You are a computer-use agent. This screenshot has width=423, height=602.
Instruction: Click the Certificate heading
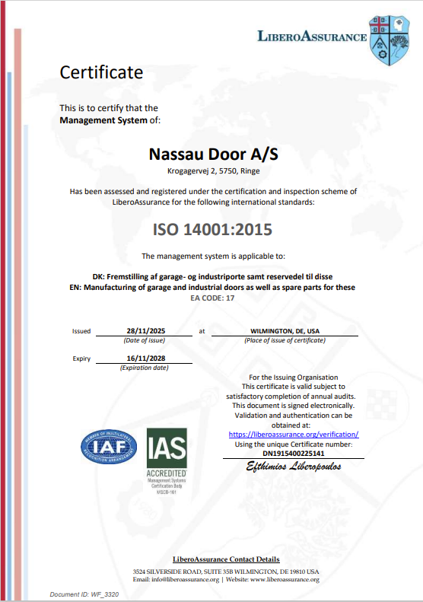coord(101,72)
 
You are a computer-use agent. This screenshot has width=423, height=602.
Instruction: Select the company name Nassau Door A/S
coord(213,154)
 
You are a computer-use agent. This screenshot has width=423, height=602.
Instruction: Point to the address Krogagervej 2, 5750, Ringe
coord(213,172)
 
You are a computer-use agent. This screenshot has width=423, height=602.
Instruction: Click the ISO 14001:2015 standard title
coord(213,228)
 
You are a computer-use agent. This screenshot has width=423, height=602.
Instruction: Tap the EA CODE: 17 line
coord(213,298)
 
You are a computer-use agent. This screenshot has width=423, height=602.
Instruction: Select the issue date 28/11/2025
coord(145,331)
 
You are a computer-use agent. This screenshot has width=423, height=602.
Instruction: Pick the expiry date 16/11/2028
coord(145,358)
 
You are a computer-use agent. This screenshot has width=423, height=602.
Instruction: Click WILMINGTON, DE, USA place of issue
coord(285,331)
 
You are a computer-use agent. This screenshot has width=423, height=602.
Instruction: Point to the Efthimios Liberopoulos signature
coord(293,466)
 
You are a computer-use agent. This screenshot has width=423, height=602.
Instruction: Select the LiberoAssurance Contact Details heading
coord(226,559)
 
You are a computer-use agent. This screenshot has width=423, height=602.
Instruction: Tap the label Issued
coord(81,331)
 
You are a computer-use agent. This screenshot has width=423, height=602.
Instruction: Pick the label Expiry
coord(81,358)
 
